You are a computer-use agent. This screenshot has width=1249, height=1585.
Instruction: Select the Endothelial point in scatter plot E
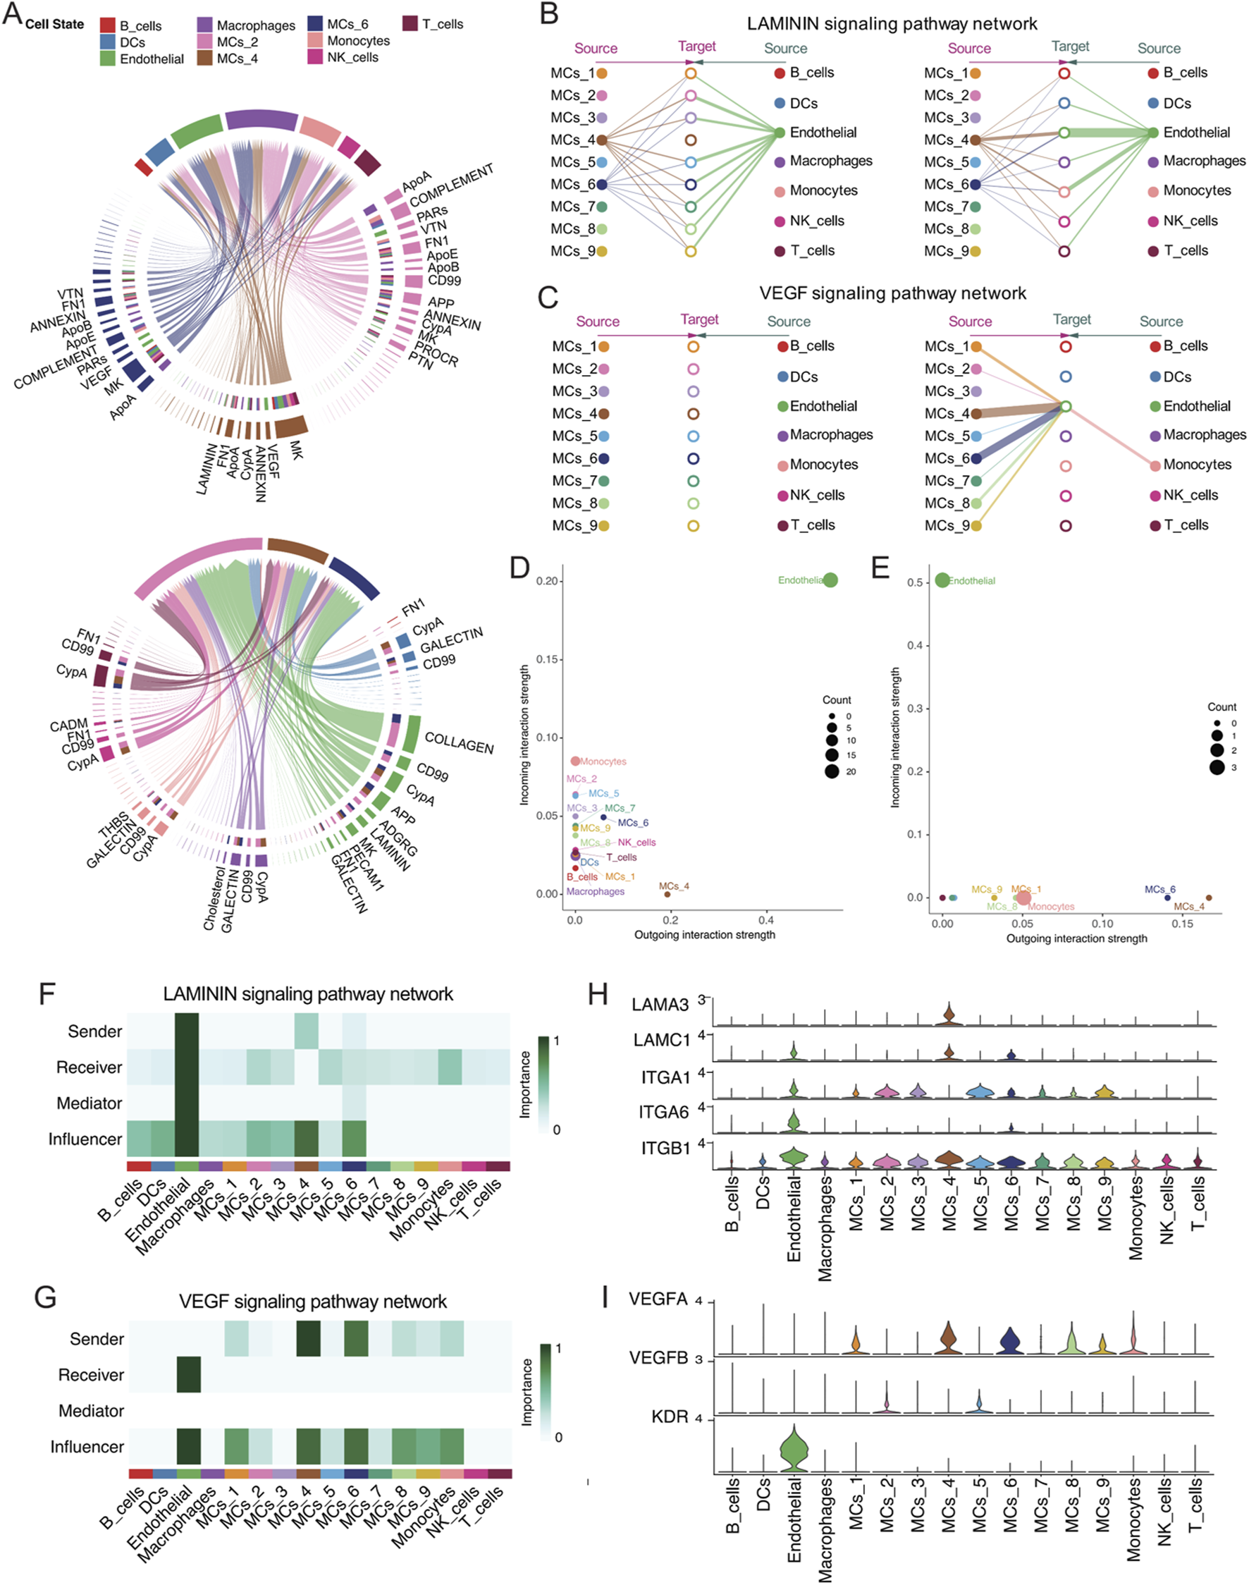pos(942,580)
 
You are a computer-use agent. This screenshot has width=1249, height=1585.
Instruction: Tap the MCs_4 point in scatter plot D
pos(667,894)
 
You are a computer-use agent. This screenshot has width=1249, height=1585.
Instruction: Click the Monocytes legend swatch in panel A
pos(315,41)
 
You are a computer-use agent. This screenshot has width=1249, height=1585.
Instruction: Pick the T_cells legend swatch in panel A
pos(410,24)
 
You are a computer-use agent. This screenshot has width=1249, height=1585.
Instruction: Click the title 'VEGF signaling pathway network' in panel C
pos(892,293)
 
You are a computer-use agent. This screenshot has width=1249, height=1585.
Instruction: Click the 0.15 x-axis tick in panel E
pos(1182,924)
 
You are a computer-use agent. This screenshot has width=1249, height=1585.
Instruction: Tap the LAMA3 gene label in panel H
pos(660,1005)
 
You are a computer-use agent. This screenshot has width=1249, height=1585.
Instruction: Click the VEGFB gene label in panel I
pos(659,1357)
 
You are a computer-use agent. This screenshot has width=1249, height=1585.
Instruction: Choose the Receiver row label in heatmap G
pos(91,1375)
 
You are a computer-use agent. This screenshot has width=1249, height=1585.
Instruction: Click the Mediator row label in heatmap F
pos(90,1103)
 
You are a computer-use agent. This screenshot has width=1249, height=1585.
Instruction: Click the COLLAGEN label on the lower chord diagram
pos(460,743)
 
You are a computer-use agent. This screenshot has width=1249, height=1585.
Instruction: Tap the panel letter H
pos(598,994)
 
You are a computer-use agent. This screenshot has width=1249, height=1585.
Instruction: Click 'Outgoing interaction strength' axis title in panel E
pos(1076,938)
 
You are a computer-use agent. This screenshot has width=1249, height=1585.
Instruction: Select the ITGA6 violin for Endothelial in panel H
pos(794,1121)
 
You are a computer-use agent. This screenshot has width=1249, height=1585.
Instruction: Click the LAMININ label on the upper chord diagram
pos(207,469)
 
